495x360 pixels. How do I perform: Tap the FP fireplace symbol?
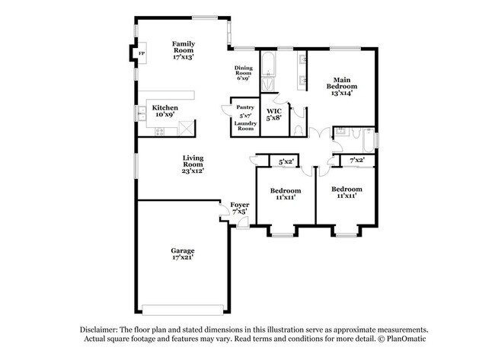click(142, 53)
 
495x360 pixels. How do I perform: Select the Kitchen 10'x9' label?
click(165, 111)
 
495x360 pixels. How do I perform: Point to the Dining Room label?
click(244, 73)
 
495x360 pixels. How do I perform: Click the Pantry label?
click(245, 107)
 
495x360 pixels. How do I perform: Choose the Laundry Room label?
click(245, 125)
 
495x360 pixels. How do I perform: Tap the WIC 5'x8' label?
click(274, 115)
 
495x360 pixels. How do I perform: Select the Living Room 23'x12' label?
click(192, 165)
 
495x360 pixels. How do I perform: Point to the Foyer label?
click(240, 208)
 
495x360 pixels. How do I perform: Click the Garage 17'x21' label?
click(182, 254)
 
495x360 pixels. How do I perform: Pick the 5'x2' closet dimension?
click(286, 161)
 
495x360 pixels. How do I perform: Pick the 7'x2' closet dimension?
click(356, 161)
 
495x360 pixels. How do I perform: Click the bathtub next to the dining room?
click(270, 72)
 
